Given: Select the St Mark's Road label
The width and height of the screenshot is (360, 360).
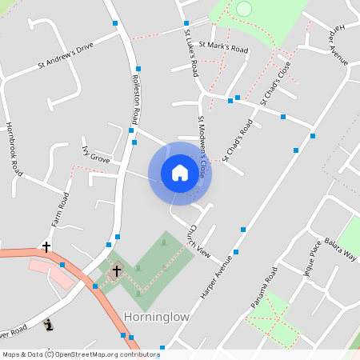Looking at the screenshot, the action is pyautogui.click(x=223, y=49).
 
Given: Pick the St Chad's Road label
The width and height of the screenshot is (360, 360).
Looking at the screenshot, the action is pyautogui.click(x=238, y=140).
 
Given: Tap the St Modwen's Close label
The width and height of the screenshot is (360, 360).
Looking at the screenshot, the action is pyautogui.click(x=203, y=145).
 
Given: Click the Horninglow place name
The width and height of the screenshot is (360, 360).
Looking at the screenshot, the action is pyautogui.click(x=157, y=317).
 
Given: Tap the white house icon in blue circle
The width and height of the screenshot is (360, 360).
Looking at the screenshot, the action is pyautogui.click(x=180, y=174).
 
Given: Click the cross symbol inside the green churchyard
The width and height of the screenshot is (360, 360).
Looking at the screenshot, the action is pyautogui.click(x=116, y=271).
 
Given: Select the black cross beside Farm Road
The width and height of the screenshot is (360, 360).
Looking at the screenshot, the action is pyautogui.click(x=46, y=247).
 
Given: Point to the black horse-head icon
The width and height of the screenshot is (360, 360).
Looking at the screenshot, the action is pyautogui.click(x=49, y=325).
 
